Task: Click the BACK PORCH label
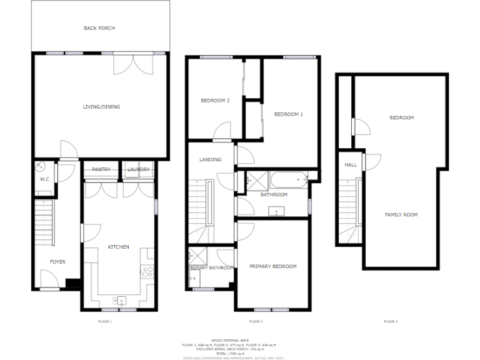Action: [x=99, y=28]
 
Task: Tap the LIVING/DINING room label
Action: [x=101, y=107]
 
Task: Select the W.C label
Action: [x=44, y=179]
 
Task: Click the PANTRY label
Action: [x=101, y=169]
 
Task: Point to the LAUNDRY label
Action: [x=138, y=169]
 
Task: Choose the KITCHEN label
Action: [x=119, y=247]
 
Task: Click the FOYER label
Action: [x=57, y=262]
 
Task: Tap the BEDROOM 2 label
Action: [x=215, y=101]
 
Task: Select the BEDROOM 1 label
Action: [x=288, y=114]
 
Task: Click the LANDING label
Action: [x=210, y=159]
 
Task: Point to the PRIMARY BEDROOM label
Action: [x=273, y=266]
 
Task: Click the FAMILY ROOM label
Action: [x=401, y=214]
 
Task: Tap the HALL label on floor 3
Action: [x=351, y=165]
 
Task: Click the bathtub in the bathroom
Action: [x=288, y=181]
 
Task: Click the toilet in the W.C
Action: [x=40, y=166]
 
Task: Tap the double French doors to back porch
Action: [x=132, y=64]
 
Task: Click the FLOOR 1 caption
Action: [x=105, y=321]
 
